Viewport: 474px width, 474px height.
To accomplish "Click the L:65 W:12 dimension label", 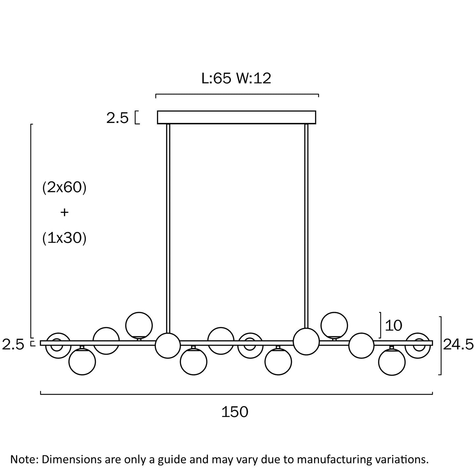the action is click(x=236, y=78).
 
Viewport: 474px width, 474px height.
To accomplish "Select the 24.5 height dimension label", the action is click(x=458, y=344).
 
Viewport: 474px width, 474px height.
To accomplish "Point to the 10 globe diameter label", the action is click(x=394, y=325).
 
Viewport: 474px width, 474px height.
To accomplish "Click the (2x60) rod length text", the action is click(x=64, y=188).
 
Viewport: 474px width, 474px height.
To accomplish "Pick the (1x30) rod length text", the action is click(x=64, y=238).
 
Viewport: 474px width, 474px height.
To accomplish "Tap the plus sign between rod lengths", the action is click(x=64, y=213).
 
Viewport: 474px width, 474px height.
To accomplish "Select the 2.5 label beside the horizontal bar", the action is click(x=13, y=345).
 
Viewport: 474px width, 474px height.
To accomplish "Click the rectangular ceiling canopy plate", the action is click(x=237, y=117).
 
